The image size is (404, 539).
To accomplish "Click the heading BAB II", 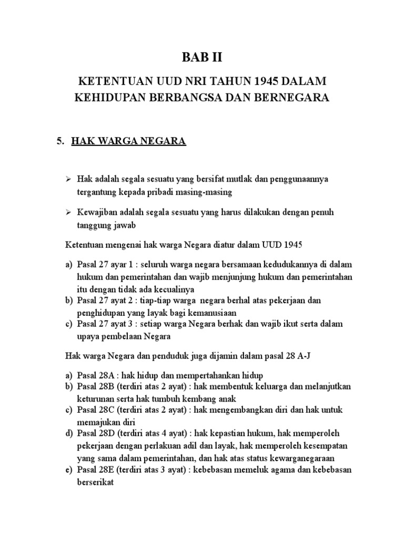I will pyautogui.click(x=201, y=58).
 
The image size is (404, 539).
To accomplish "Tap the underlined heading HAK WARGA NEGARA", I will pyautogui.click(x=129, y=142).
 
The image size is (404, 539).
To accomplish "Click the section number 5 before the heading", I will pyautogui.click(x=59, y=142).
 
